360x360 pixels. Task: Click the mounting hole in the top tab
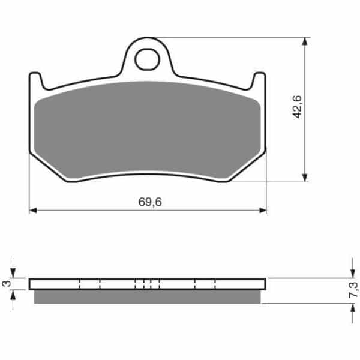pos(147,59)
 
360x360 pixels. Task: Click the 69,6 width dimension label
pos(150,202)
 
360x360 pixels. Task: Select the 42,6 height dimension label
pos(297,107)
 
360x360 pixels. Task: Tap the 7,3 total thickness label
pos(353,290)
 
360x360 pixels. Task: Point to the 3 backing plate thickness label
pos(7,284)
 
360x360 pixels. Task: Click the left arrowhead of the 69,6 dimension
pos(33,211)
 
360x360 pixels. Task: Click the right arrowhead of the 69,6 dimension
pos(263,211)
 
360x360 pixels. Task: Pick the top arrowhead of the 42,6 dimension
pos(305,41)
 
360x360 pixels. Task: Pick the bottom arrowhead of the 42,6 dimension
pos(305,178)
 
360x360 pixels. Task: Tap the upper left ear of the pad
pos(35,80)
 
